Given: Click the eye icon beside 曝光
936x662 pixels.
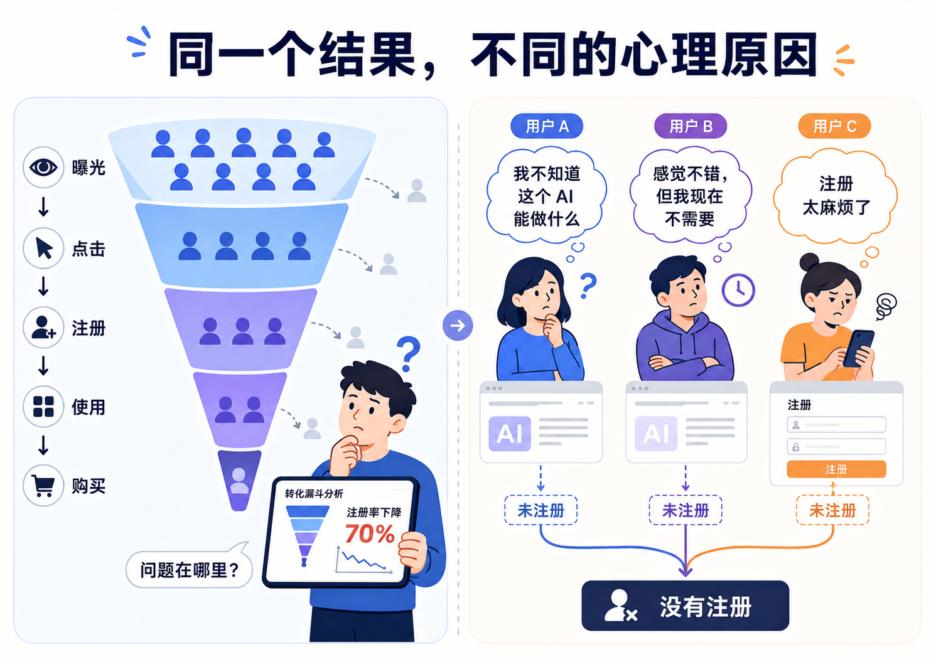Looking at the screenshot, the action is click(43, 167).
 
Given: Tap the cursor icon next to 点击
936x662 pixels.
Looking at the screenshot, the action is click(44, 248).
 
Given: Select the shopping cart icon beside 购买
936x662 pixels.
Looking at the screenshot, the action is click(43, 486).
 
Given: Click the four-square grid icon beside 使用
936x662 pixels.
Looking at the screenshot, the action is click(43, 407).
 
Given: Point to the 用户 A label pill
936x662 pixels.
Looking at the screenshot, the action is click(547, 125).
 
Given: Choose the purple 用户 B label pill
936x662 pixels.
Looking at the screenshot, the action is click(691, 125).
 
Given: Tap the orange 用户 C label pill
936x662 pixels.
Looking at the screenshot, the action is click(834, 125).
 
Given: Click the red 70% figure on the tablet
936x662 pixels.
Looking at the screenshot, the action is click(370, 533).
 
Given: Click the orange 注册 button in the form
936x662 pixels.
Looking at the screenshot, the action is click(836, 469).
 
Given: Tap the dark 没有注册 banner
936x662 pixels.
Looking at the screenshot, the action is click(685, 606).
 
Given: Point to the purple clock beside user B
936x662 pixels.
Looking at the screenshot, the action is click(738, 291).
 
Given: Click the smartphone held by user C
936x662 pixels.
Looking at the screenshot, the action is click(858, 348).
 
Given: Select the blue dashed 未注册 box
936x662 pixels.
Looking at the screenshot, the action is click(541, 510).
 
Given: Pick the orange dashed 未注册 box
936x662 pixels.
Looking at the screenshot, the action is click(832, 510).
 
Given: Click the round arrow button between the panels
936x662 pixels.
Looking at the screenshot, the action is click(458, 326).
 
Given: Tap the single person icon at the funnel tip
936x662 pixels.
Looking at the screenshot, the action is click(239, 481).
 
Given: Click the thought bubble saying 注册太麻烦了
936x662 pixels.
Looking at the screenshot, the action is click(836, 196).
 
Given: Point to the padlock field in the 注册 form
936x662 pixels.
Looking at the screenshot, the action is click(836, 447).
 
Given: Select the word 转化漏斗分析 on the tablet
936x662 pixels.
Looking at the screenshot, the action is click(314, 494).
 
